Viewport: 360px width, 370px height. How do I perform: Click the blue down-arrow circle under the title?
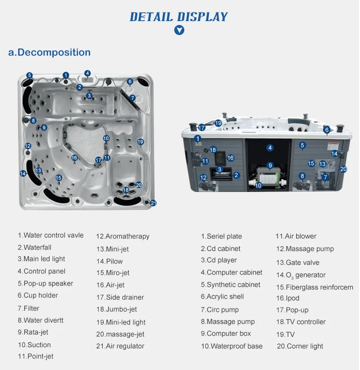click(179, 30)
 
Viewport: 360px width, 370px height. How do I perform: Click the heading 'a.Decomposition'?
click(49, 52)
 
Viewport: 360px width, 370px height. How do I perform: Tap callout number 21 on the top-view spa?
click(154, 203)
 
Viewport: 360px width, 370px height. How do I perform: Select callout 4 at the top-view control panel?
click(87, 73)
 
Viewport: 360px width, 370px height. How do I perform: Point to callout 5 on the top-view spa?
click(29, 75)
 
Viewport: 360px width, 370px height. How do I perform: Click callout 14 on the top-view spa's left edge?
click(23, 173)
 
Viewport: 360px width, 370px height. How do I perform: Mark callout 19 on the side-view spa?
click(218, 123)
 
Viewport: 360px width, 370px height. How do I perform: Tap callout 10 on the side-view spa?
click(258, 185)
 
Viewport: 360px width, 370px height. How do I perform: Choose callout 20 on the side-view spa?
click(343, 169)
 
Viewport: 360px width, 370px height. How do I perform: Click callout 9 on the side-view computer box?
click(270, 166)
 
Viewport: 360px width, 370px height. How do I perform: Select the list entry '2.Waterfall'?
click(35, 247)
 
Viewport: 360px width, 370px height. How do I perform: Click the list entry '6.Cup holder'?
click(38, 295)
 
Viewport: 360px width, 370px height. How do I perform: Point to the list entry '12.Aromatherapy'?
click(122, 236)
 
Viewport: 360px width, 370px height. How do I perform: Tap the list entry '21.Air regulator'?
click(120, 346)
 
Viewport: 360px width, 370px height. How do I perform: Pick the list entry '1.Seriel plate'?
click(221, 236)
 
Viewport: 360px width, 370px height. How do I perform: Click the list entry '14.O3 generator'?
click(300, 275)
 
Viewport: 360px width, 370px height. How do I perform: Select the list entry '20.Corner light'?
click(300, 346)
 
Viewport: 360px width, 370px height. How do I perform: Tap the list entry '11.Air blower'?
click(296, 236)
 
